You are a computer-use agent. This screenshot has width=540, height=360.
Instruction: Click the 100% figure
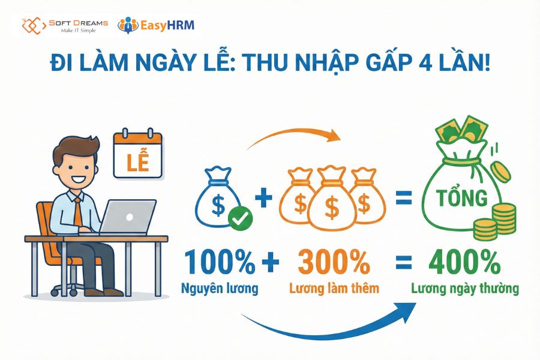tap(220, 262)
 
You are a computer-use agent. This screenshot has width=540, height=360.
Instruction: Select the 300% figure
tap(334, 262)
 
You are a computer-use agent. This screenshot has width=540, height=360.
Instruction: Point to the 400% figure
tap(464, 262)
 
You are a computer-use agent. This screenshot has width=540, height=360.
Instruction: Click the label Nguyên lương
tap(220, 288)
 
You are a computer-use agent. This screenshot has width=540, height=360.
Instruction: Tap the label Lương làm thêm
tap(334, 289)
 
